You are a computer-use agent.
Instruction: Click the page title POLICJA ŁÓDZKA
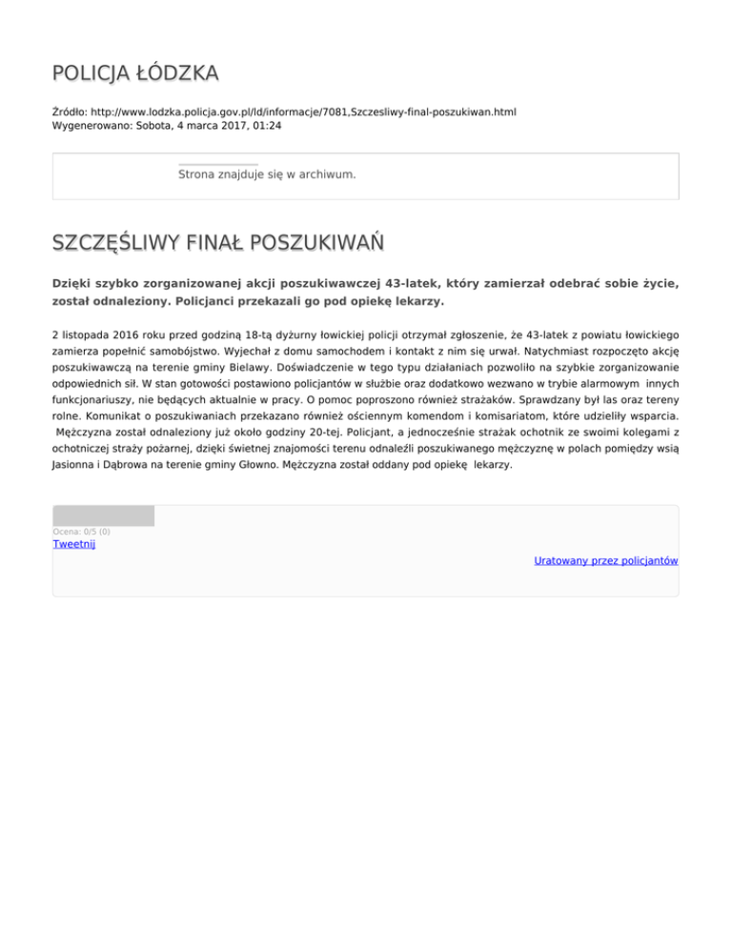(x=135, y=72)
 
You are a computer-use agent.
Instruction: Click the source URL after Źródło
(x=304, y=111)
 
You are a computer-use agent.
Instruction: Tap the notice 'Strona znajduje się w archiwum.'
(x=267, y=175)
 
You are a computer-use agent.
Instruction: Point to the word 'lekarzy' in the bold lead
(x=417, y=302)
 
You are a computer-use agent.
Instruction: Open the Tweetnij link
(x=73, y=545)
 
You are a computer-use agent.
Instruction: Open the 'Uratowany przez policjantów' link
(x=605, y=561)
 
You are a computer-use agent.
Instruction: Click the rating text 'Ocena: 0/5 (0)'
(x=81, y=532)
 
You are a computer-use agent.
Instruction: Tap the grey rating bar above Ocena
(x=103, y=516)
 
